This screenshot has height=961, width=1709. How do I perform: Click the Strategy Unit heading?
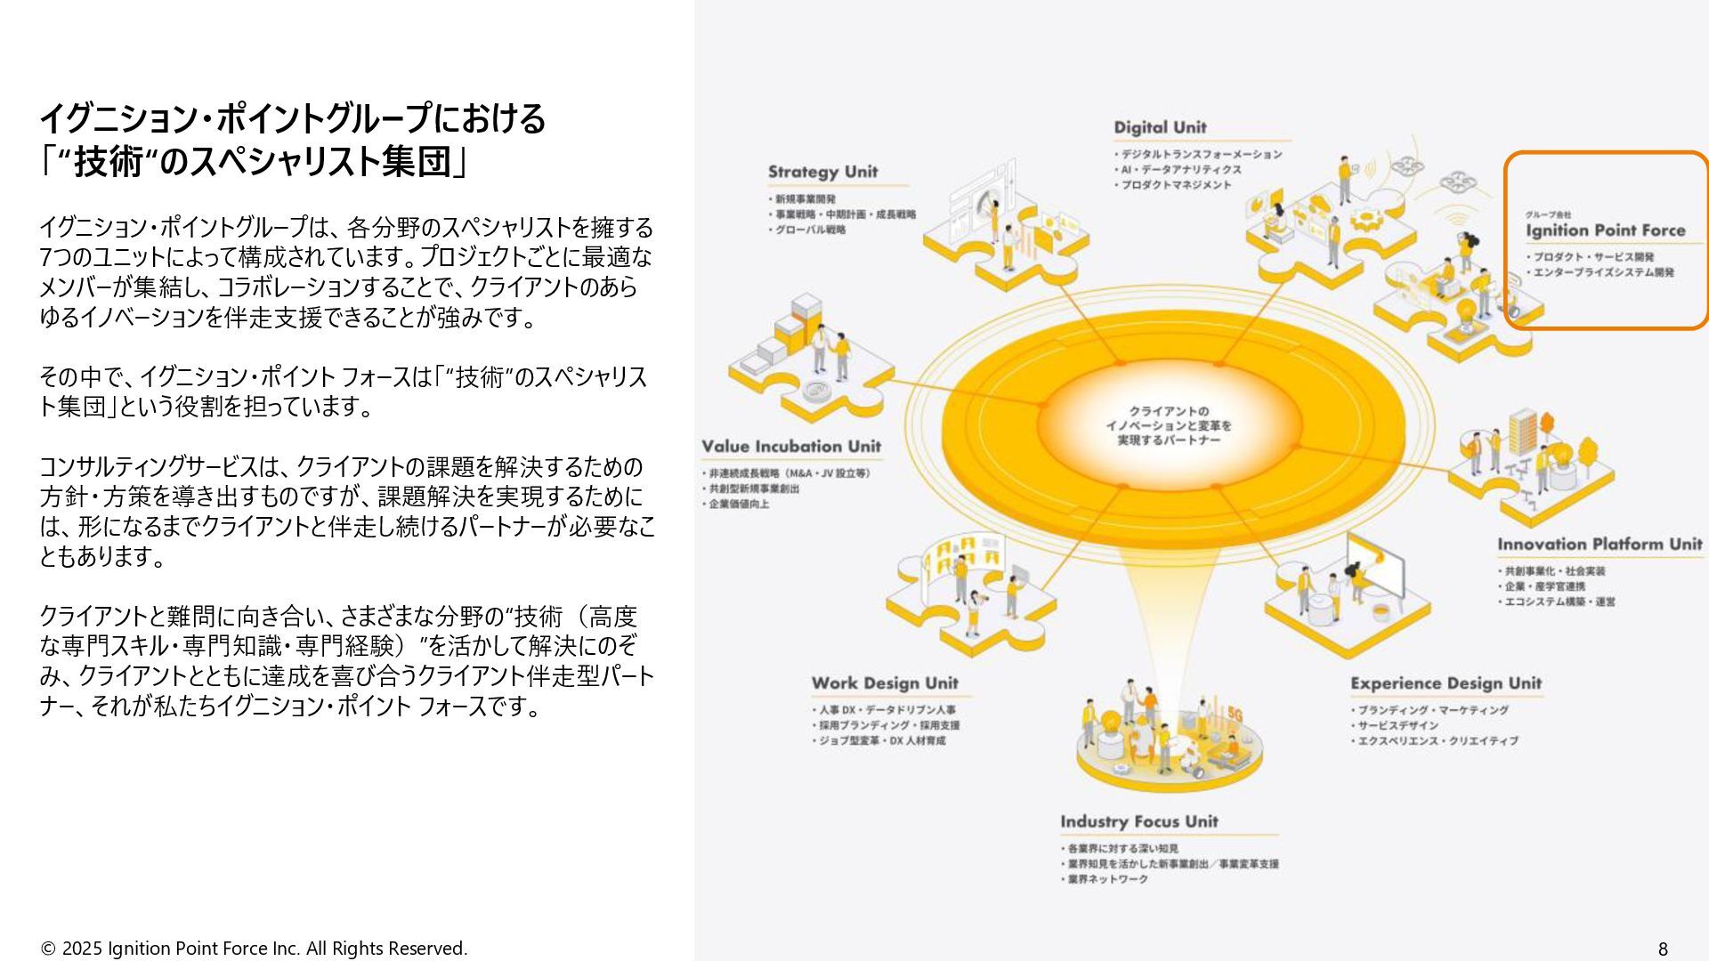click(x=822, y=172)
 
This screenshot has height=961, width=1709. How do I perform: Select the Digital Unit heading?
click(x=1160, y=127)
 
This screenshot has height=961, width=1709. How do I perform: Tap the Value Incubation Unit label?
click(x=790, y=447)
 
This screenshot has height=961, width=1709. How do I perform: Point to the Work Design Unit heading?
click(x=884, y=683)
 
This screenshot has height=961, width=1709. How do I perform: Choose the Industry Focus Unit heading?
click(x=1138, y=821)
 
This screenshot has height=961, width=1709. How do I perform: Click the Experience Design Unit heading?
click(x=1445, y=683)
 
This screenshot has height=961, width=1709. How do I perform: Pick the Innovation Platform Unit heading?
click(x=1599, y=545)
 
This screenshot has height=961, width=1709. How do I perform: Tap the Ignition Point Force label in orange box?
click(x=1605, y=230)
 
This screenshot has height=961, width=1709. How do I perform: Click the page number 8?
click(x=1663, y=949)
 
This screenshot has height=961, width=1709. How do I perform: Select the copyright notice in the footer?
click(x=254, y=949)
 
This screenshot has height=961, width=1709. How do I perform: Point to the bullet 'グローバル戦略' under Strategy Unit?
click(x=809, y=230)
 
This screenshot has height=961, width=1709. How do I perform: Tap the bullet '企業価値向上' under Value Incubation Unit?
click(x=739, y=504)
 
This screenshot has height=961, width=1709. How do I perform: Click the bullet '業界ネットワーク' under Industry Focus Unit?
click(x=1107, y=879)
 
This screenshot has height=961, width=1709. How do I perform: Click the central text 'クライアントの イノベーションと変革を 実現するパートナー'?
click(x=1168, y=425)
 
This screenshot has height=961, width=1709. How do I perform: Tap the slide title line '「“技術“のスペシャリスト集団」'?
click(x=254, y=163)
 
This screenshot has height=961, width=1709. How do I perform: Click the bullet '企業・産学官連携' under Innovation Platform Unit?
click(x=1544, y=586)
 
